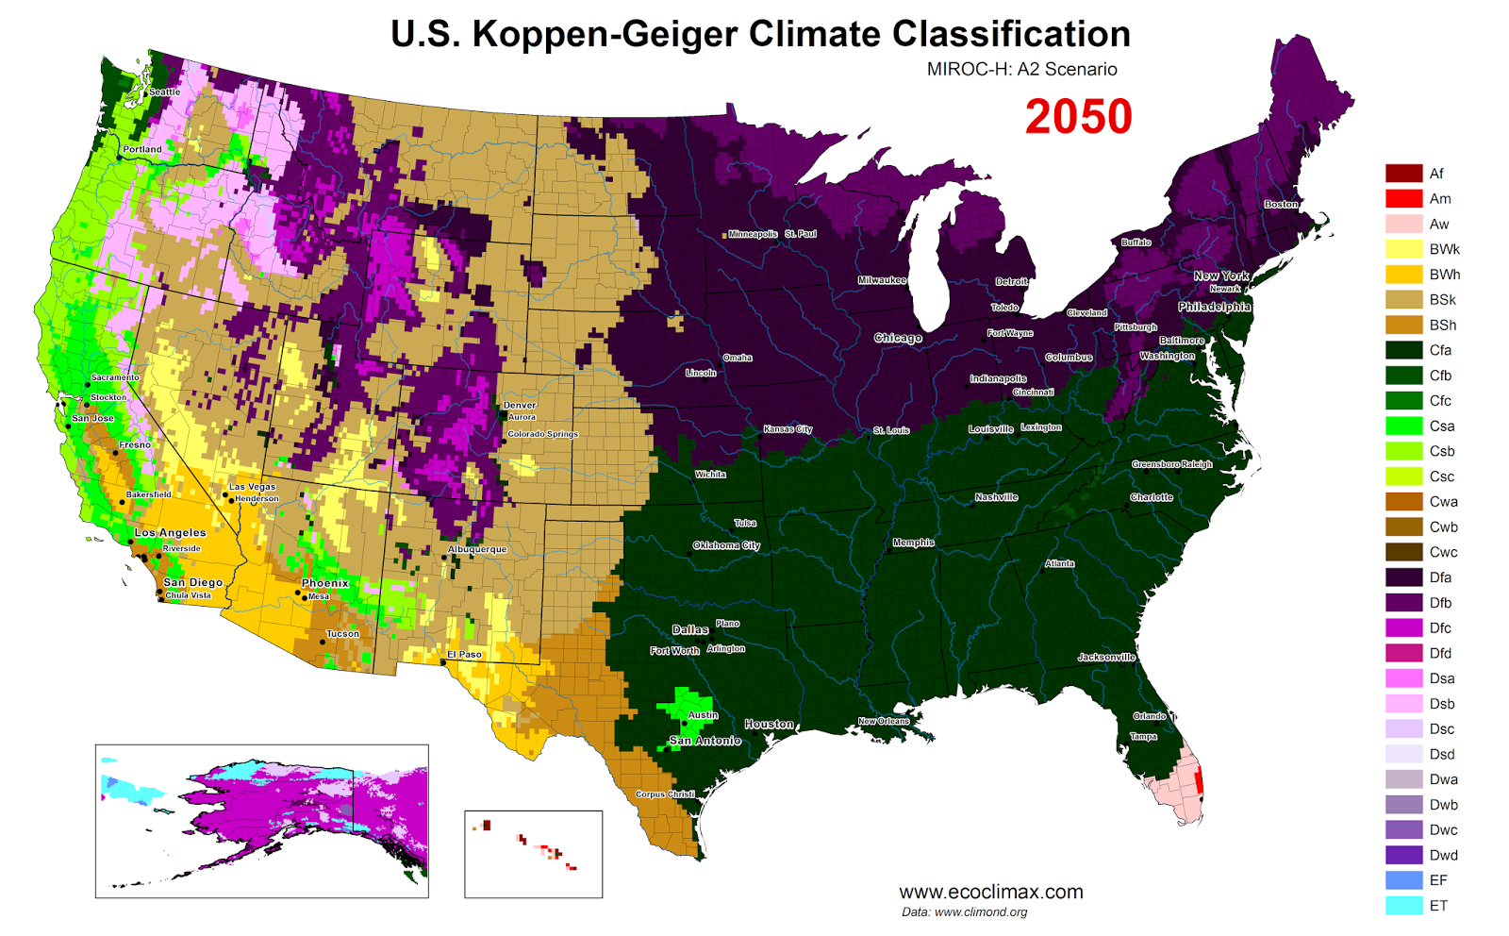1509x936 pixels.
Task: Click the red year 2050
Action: tap(1078, 117)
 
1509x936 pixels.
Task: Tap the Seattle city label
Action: tap(164, 92)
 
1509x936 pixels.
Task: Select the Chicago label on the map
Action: tap(897, 338)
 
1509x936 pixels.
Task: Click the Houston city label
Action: tap(769, 724)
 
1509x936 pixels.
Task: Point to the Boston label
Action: tap(1281, 204)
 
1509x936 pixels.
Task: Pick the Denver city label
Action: tap(520, 405)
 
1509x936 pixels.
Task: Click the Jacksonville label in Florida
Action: tap(1106, 657)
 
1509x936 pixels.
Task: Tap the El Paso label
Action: tap(464, 654)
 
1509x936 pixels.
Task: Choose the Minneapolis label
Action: tap(753, 234)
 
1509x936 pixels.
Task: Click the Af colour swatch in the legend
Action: tap(1403, 174)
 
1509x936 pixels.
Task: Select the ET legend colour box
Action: tap(1403, 906)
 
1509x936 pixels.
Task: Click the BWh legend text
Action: tap(1444, 275)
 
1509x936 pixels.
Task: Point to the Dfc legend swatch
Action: tap(1403, 627)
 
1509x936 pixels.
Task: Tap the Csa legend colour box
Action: tap(1403, 426)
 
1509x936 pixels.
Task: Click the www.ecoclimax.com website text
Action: tap(990, 892)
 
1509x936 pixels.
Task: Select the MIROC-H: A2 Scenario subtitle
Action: tap(1021, 69)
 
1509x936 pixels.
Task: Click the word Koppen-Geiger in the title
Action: tap(605, 34)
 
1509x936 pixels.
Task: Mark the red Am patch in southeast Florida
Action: tap(1199, 782)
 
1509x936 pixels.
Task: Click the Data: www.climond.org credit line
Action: tap(964, 912)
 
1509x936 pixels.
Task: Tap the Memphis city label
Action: tap(913, 543)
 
